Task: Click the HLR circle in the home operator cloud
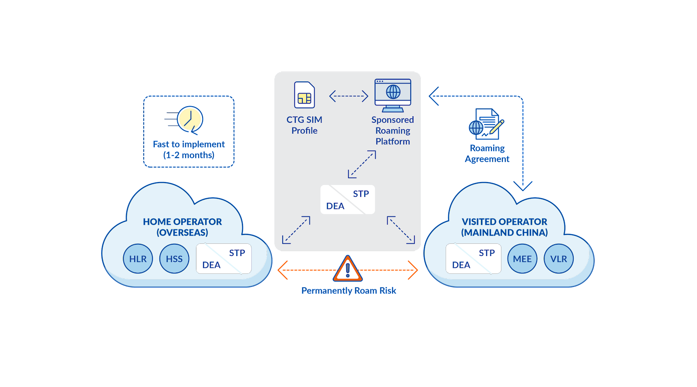[x=138, y=259]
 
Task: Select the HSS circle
[x=174, y=259]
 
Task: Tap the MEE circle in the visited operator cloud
[x=522, y=259]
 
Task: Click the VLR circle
[x=558, y=259]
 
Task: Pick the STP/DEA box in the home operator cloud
[x=224, y=259]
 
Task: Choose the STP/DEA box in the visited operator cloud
[x=474, y=259]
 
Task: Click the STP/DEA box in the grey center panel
[x=348, y=199]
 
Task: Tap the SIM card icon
[x=305, y=95]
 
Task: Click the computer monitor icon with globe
[x=393, y=95]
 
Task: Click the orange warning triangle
[x=348, y=269]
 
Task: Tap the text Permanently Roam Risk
[x=348, y=290]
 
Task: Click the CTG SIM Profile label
[x=305, y=125]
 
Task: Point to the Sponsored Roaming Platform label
[x=392, y=130]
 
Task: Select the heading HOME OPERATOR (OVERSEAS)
[x=183, y=227]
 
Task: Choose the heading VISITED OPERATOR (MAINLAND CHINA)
[x=504, y=227]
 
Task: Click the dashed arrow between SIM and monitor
[x=348, y=96]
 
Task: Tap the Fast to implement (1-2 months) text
[x=189, y=149]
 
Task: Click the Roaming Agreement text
[x=487, y=154]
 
